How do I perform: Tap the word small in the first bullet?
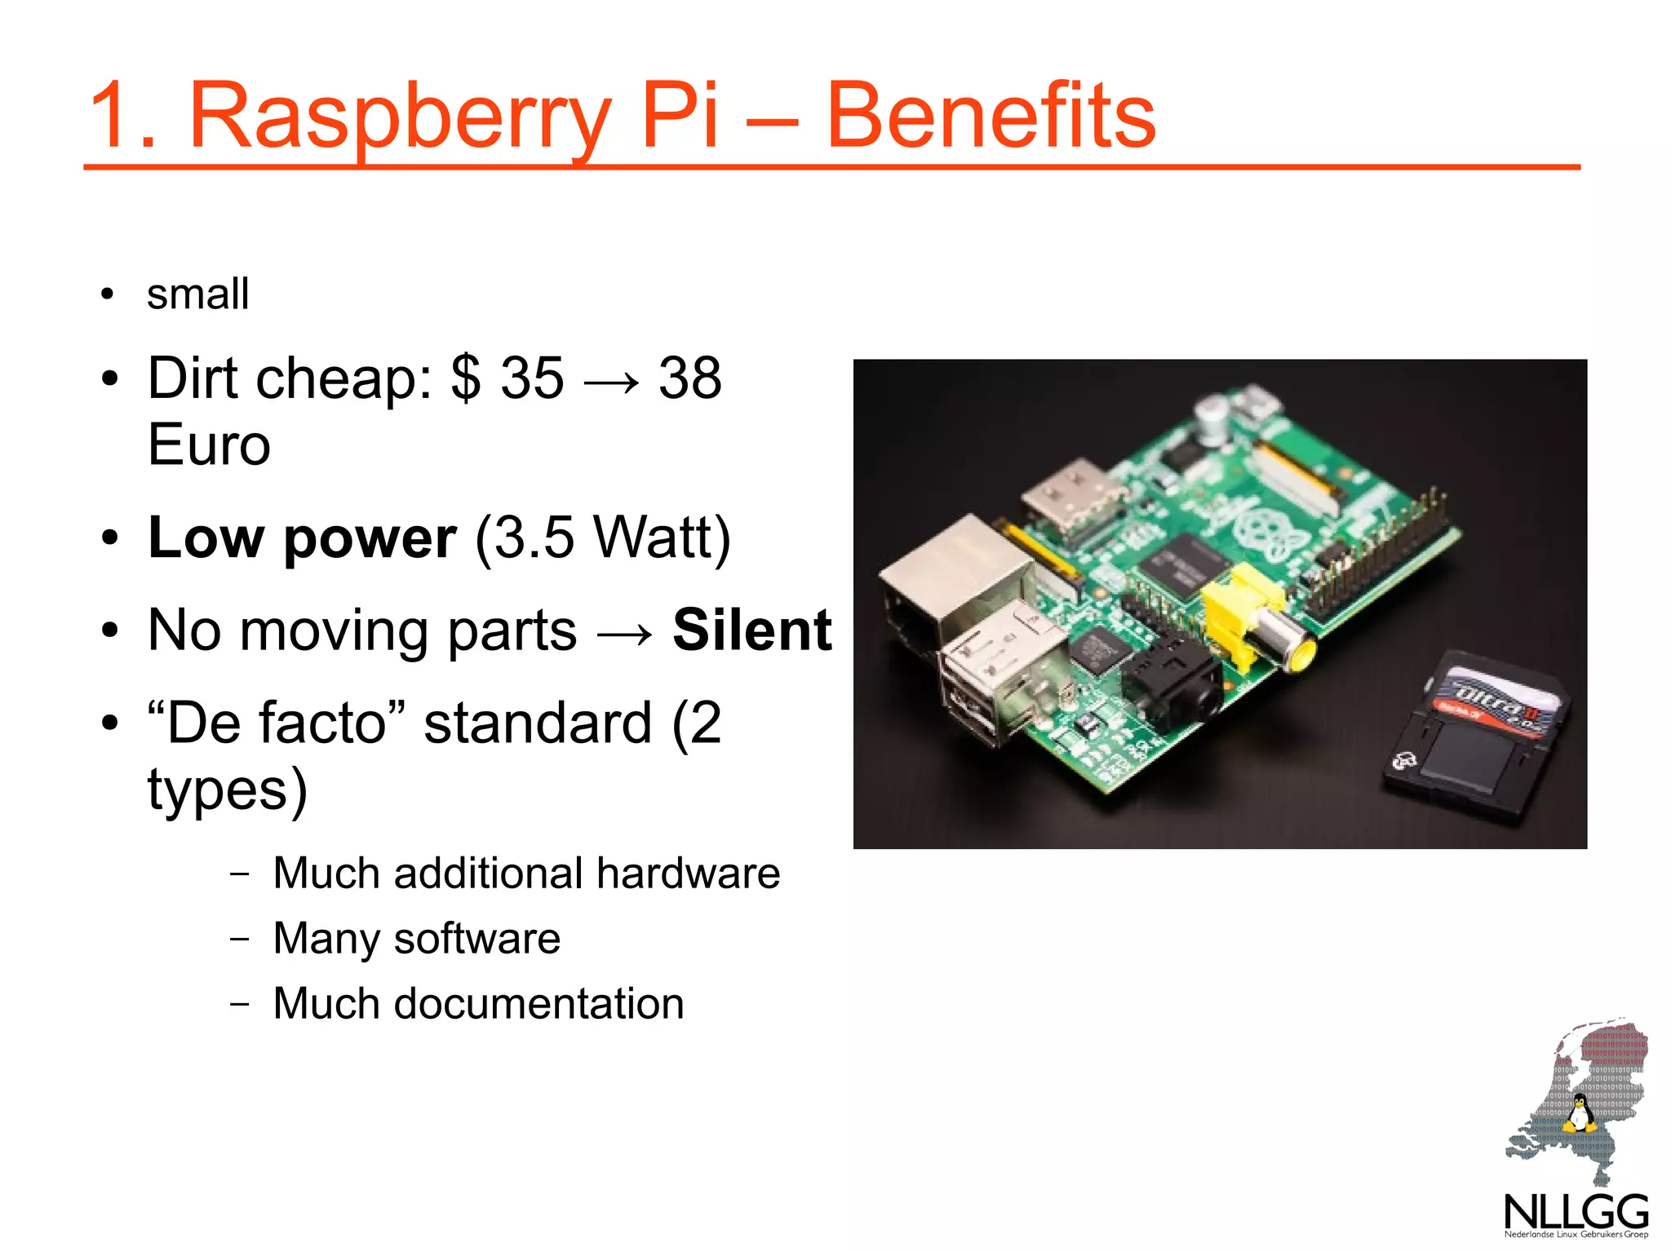(197, 294)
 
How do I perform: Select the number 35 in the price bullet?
(532, 378)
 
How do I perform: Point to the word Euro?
(209, 445)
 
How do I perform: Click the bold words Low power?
(302, 538)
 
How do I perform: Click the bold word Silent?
(751, 630)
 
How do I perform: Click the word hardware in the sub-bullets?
(688, 874)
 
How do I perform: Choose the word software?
(476, 939)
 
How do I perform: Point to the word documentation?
(539, 1003)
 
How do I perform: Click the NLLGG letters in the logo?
(1576, 1210)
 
